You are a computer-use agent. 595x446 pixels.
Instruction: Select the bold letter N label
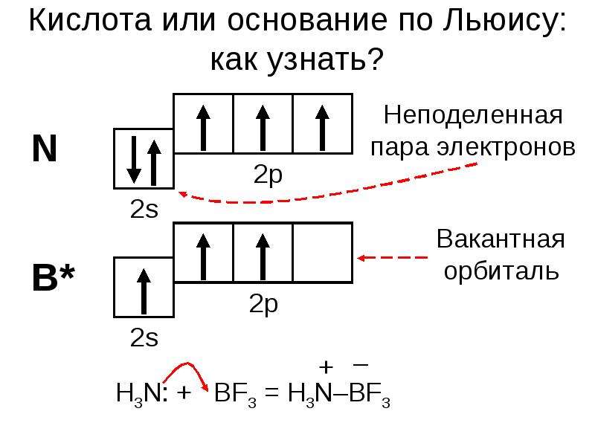(x=45, y=148)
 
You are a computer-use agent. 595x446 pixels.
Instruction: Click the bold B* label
(x=53, y=277)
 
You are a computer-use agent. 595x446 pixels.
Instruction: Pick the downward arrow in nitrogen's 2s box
(x=134, y=160)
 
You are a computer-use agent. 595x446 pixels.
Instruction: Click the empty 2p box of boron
(x=323, y=253)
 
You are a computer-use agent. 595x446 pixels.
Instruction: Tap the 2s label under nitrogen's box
(x=144, y=209)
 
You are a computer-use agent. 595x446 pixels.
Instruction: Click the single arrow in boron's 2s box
(x=144, y=291)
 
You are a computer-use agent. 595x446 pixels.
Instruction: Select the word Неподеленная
(x=473, y=114)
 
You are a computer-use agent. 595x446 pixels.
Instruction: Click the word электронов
(x=506, y=147)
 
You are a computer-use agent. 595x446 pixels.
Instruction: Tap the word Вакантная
(x=501, y=239)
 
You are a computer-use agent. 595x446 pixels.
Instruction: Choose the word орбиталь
(x=501, y=271)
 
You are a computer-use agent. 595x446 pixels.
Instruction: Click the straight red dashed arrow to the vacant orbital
(x=393, y=258)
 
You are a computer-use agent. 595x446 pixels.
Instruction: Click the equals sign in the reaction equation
(x=271, y=392)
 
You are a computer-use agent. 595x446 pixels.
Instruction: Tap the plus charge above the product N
(x=326, y=367)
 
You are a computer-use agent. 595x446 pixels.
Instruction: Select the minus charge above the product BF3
(x=361, y=365)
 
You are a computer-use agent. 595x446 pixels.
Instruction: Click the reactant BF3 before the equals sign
(x=235, y=395)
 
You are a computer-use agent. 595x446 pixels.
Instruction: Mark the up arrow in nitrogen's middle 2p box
(x=263, y=128)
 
